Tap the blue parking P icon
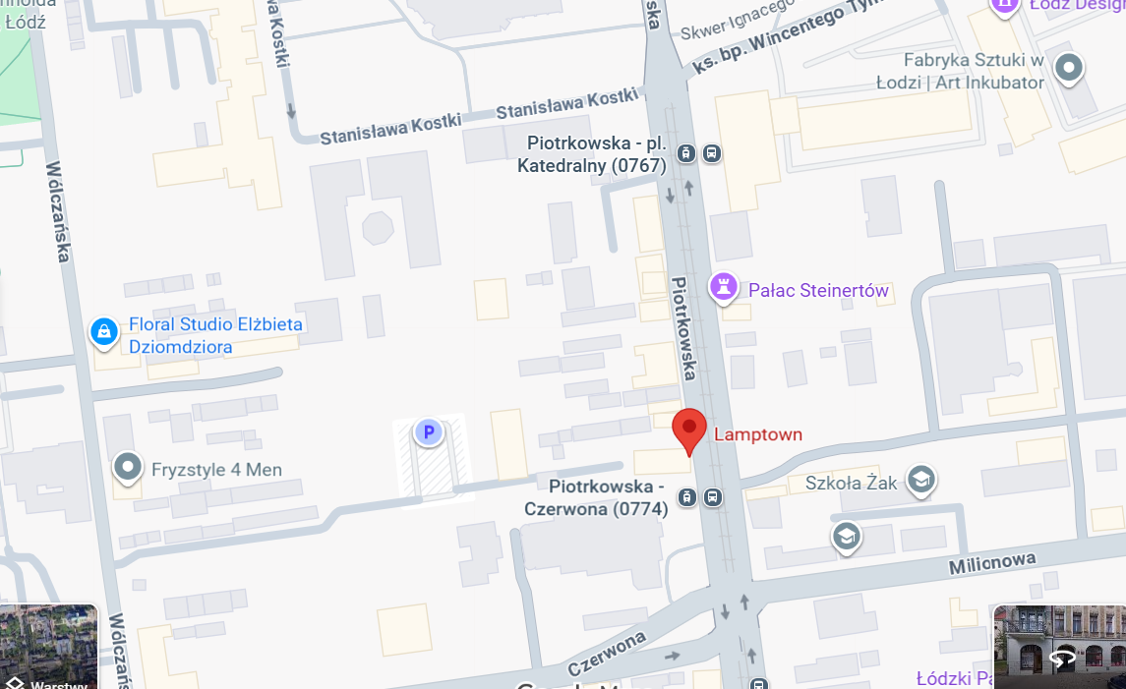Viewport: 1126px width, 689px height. [428, 431]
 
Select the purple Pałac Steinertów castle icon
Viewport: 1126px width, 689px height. [724, 288]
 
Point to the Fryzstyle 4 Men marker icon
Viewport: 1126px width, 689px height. [128, 468]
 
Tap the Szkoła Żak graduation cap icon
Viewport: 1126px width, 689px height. [921, 480]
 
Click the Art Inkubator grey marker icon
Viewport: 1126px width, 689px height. [1068, 68]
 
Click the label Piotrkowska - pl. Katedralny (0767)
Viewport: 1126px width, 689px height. [592, 154]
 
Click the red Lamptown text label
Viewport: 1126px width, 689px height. [757, 434]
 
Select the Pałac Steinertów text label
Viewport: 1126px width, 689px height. [818, 290]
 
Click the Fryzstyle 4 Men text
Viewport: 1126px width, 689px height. [216, 469]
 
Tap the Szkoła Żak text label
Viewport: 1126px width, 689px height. [852, 483]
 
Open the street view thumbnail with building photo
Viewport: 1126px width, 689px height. [1059, 646]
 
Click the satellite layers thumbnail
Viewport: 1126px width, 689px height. [49, 646]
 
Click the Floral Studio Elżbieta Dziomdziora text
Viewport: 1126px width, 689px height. [216, 335]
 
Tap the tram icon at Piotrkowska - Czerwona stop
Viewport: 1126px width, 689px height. [687, 497]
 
